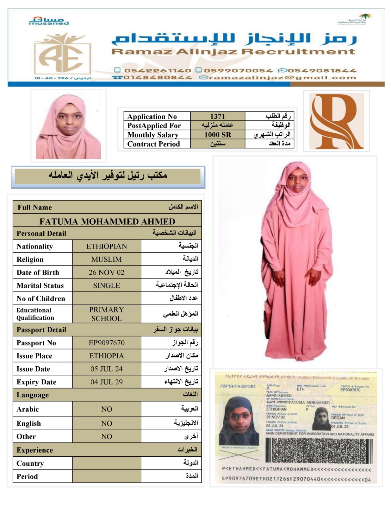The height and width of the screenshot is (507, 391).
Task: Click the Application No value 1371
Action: coord(217,116)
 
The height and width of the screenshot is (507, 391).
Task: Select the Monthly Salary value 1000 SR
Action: coord(217,135)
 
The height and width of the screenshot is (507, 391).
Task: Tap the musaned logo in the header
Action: coord(49,21)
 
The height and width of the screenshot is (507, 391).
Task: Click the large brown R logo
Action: coord(336,121)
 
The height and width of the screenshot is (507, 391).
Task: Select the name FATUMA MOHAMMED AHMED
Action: coord(107,221)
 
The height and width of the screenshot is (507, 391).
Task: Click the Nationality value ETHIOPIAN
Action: coord(107,246)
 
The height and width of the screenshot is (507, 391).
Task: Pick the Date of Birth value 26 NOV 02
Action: coord(107,272)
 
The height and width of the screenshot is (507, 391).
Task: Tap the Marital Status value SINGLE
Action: coord(107,286)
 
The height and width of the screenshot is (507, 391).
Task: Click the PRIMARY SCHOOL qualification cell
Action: coord(107,314)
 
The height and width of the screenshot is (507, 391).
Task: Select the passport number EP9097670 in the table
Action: coord(107,343)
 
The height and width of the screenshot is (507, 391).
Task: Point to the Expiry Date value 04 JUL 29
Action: coord(107,382)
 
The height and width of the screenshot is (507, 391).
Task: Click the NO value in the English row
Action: coord(107,423)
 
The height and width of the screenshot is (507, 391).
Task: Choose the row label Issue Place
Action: coord(34,356)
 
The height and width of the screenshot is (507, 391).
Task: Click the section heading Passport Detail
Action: coord(41,330)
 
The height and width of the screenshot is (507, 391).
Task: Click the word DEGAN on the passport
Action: coord(338,418)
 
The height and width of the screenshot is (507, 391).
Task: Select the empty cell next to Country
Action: coord(107,463)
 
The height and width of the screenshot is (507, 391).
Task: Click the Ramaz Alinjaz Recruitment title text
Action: coord(233,52)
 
